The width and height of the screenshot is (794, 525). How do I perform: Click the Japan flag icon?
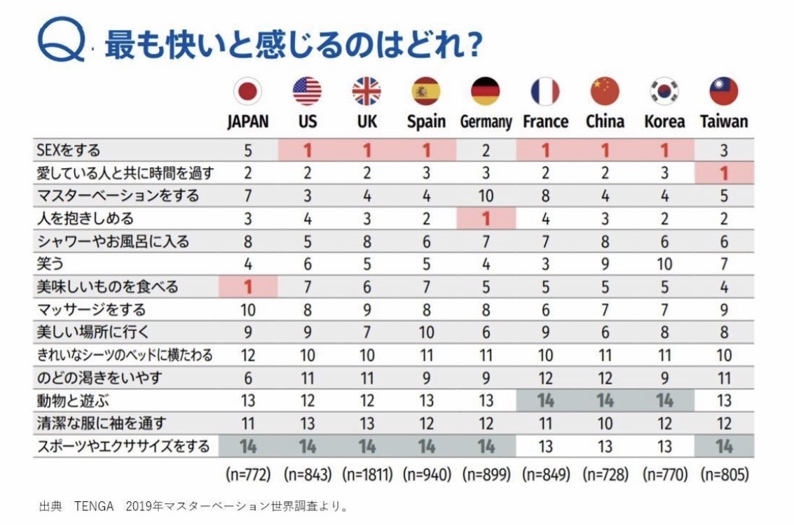coord(247,92)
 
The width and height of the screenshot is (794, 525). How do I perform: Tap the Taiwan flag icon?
coord(724,92)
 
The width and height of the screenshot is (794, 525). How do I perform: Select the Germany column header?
coord(486,122)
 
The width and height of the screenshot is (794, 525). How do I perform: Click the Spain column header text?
coord(426,122)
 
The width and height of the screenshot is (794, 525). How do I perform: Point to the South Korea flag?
coord(664,92)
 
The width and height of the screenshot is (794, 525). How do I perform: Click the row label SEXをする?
coord(68,150)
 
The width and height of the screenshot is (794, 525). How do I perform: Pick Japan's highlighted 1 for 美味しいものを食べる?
coord(247,286)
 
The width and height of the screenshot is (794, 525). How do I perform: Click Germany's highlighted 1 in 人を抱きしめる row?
coord(486,218)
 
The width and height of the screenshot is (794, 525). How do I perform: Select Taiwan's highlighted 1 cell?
coord(724,172)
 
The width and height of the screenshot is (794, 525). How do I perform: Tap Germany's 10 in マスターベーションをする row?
coord(486,195)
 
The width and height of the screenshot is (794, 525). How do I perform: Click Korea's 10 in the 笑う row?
coord(664,264)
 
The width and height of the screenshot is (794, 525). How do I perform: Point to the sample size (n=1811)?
coord(367,475)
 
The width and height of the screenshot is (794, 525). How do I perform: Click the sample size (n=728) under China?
coord(605,475)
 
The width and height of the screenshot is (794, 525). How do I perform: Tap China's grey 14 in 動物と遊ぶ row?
coord(605,401)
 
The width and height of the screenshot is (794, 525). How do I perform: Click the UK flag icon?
coord(367,92)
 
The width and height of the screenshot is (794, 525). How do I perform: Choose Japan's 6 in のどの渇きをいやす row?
coord(247,378)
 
